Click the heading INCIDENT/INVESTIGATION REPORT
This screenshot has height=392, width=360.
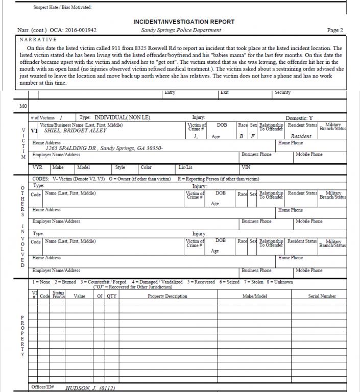tap(183, 22)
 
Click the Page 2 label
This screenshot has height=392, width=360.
tap(335, 30)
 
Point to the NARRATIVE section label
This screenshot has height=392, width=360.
tap(38, 39)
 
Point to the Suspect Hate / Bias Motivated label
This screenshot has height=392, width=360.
tap(59, 7)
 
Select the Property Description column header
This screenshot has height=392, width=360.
tap(167, 296)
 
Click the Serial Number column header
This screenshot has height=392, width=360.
tap(322, 296)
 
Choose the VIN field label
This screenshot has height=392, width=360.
tap(245, 167)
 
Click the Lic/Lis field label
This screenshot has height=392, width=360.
tap(185, 167)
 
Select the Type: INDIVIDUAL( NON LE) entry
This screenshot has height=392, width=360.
tap(115, 118)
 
